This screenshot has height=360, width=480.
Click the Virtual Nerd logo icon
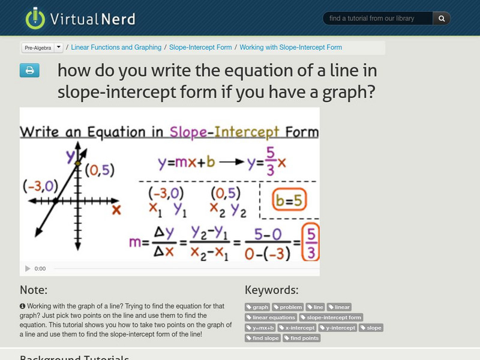point(35,18)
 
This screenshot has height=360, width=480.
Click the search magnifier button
point(442,19)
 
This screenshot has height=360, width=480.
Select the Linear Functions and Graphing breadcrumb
point(116,47)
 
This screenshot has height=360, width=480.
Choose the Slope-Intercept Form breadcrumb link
point(201,47)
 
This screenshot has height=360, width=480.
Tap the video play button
point(28,268)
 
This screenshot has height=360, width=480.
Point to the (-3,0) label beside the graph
point(40,184)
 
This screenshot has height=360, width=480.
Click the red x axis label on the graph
point(116,209)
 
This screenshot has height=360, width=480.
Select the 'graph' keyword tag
point(257,307)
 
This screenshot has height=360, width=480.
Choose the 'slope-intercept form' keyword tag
point(331,317)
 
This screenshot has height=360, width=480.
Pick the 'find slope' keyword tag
point(263,338)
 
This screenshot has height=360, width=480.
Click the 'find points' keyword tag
point(302,338)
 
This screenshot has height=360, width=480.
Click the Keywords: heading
point(272,290)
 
